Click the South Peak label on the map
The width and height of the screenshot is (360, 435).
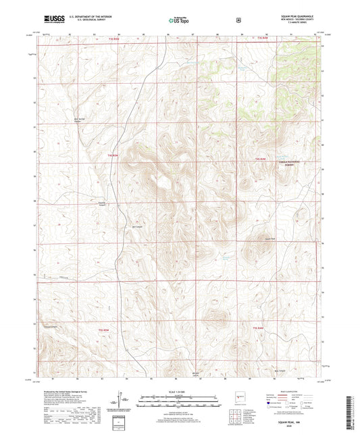click(270, 238)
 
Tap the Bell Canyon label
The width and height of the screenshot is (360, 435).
click(137, 226)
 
